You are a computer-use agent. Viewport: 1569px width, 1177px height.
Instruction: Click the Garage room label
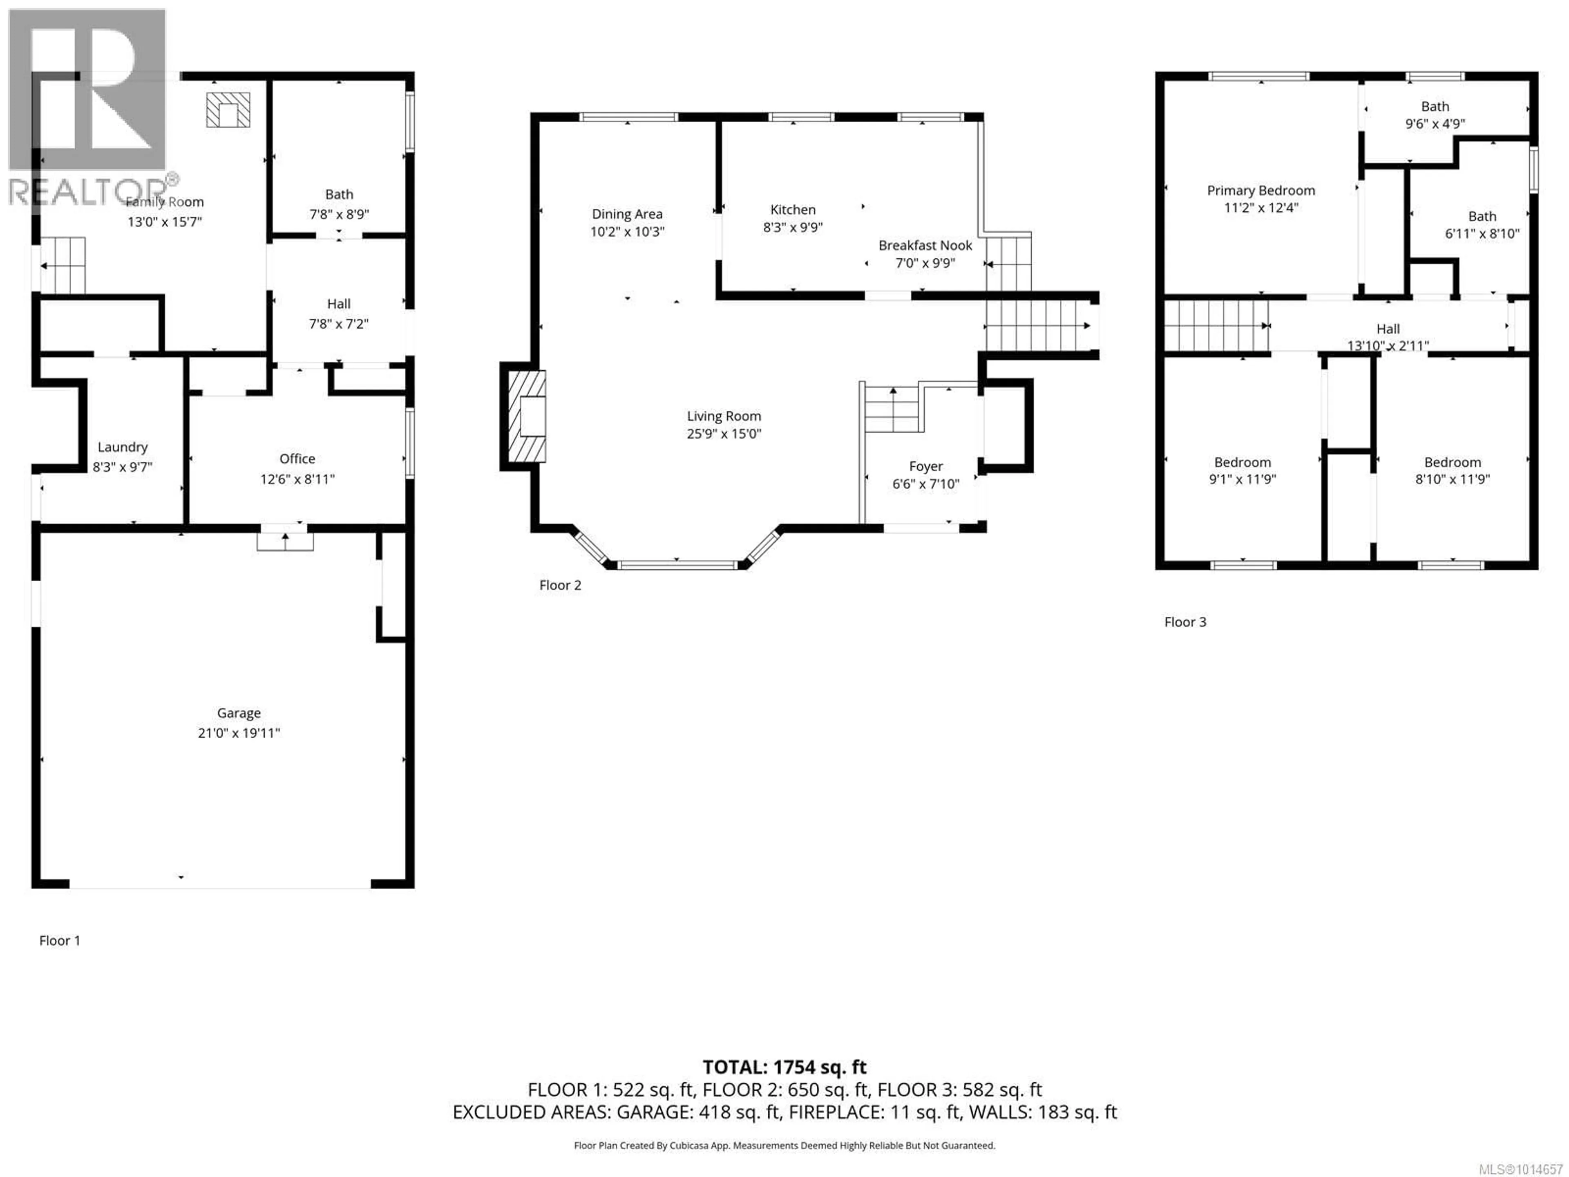click(x=239, y=713)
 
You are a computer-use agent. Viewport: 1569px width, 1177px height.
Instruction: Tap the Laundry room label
click(x=123, y=447)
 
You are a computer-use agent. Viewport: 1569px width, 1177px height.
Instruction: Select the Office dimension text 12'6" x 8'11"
click(x=297, y=479)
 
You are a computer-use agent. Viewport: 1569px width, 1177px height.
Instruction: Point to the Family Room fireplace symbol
click(x=228, y=110)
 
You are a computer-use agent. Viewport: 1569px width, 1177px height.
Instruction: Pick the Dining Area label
click(x=627, y=214)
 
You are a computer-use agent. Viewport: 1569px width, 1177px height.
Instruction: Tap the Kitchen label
click(x=793, y=209)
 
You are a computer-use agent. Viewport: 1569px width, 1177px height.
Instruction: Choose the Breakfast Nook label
click(x=925, y=245)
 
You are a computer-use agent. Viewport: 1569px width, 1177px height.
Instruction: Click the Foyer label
click(x=925, y=466)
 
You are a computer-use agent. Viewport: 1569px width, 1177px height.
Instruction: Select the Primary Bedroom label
click(x=1261, y=190)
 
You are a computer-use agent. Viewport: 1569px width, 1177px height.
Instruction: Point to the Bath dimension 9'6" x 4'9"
click(x=1435, y=123)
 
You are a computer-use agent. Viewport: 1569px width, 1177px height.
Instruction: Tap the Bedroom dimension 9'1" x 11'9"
click(x=1242, y=479)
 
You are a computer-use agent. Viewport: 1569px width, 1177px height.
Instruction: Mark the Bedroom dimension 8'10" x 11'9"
click(x=1452, y=479)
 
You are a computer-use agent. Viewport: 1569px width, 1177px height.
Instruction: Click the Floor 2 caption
click(x=560, y=585)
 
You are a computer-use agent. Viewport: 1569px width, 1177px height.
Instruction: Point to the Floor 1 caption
click(x=60, y=941)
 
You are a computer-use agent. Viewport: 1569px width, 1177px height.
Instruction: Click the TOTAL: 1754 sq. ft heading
click(x=784, y=1067)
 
